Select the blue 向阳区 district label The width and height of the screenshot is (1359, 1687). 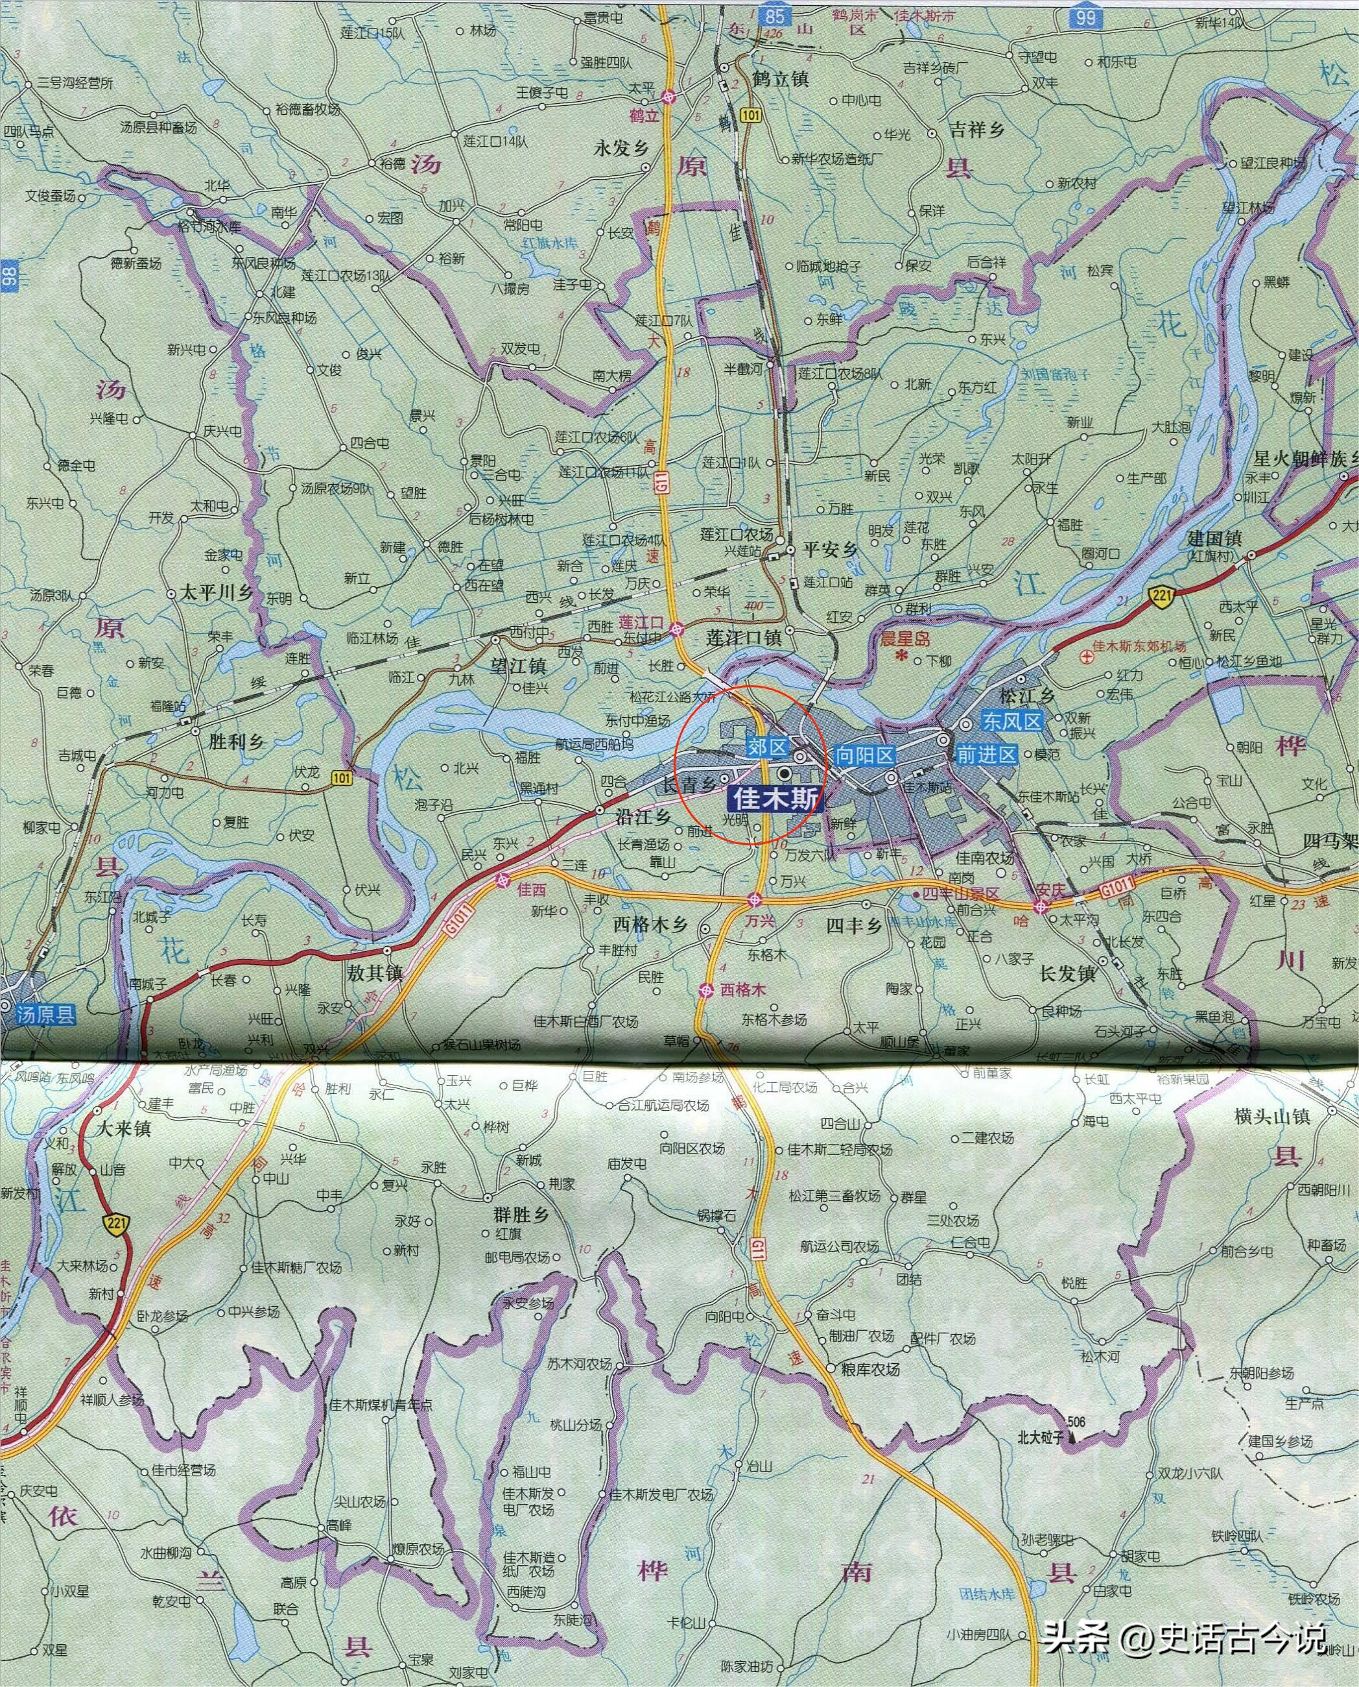coord(864,756)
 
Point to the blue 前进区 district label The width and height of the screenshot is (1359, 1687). coord(986,755)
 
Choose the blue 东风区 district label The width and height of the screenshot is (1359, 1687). coord(1012,722)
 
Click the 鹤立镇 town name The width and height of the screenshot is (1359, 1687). coord(780,79)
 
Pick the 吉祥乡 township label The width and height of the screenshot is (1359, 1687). coord(976,130)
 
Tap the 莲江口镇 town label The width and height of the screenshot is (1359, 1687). coord(743,638)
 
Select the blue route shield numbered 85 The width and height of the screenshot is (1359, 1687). coord(776,15)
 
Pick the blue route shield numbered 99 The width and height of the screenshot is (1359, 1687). coord(1085,16)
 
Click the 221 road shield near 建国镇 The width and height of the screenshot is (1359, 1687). coord(1162,596)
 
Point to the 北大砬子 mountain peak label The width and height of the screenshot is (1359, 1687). coord(1041,1438)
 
